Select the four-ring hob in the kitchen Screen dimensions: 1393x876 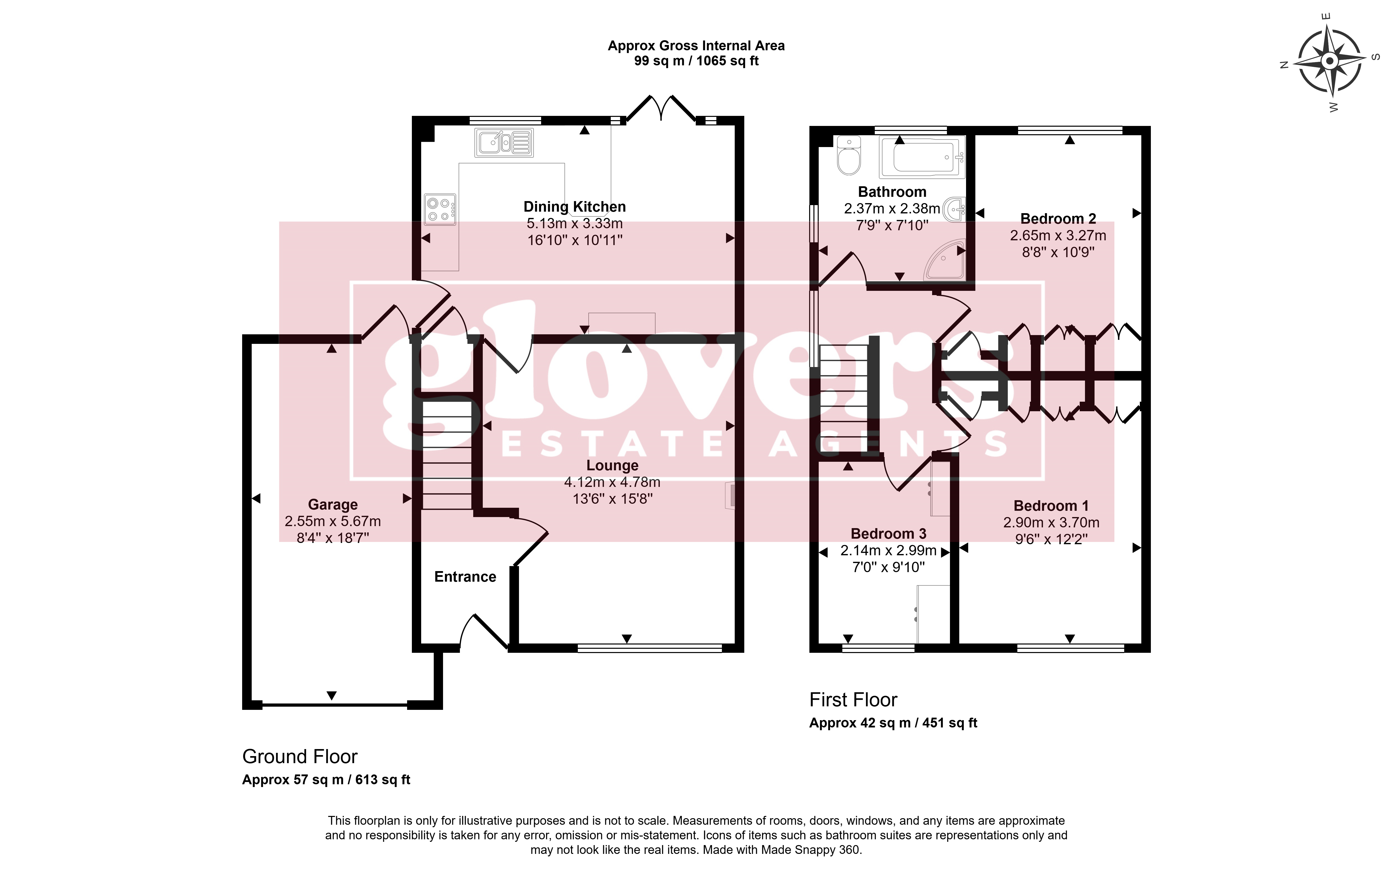440,209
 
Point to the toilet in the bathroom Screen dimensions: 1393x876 849,155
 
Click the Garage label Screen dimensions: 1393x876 333,505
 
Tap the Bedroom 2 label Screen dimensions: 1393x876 1058,219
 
